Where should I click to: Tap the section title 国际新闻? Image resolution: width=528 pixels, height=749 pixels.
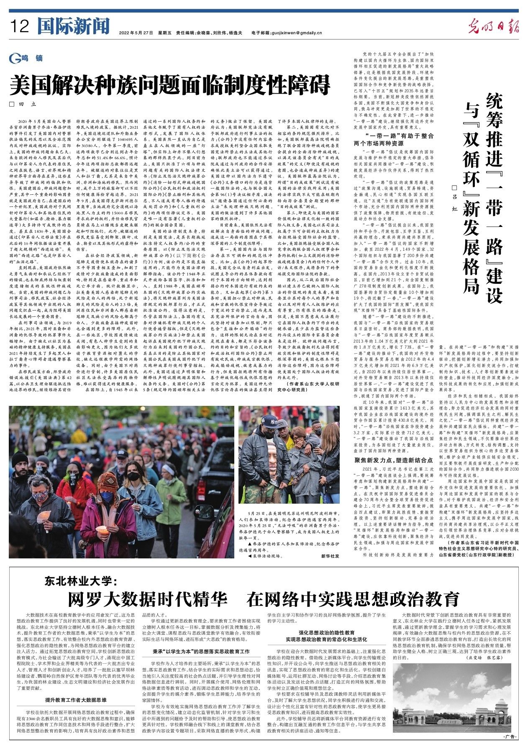pos(73,26)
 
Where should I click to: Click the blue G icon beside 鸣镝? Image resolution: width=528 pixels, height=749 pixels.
pos(15,59)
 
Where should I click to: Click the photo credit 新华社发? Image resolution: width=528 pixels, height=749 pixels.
pos(330,556)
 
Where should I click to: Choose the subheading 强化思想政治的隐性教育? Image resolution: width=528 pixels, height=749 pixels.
pos(326,632)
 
